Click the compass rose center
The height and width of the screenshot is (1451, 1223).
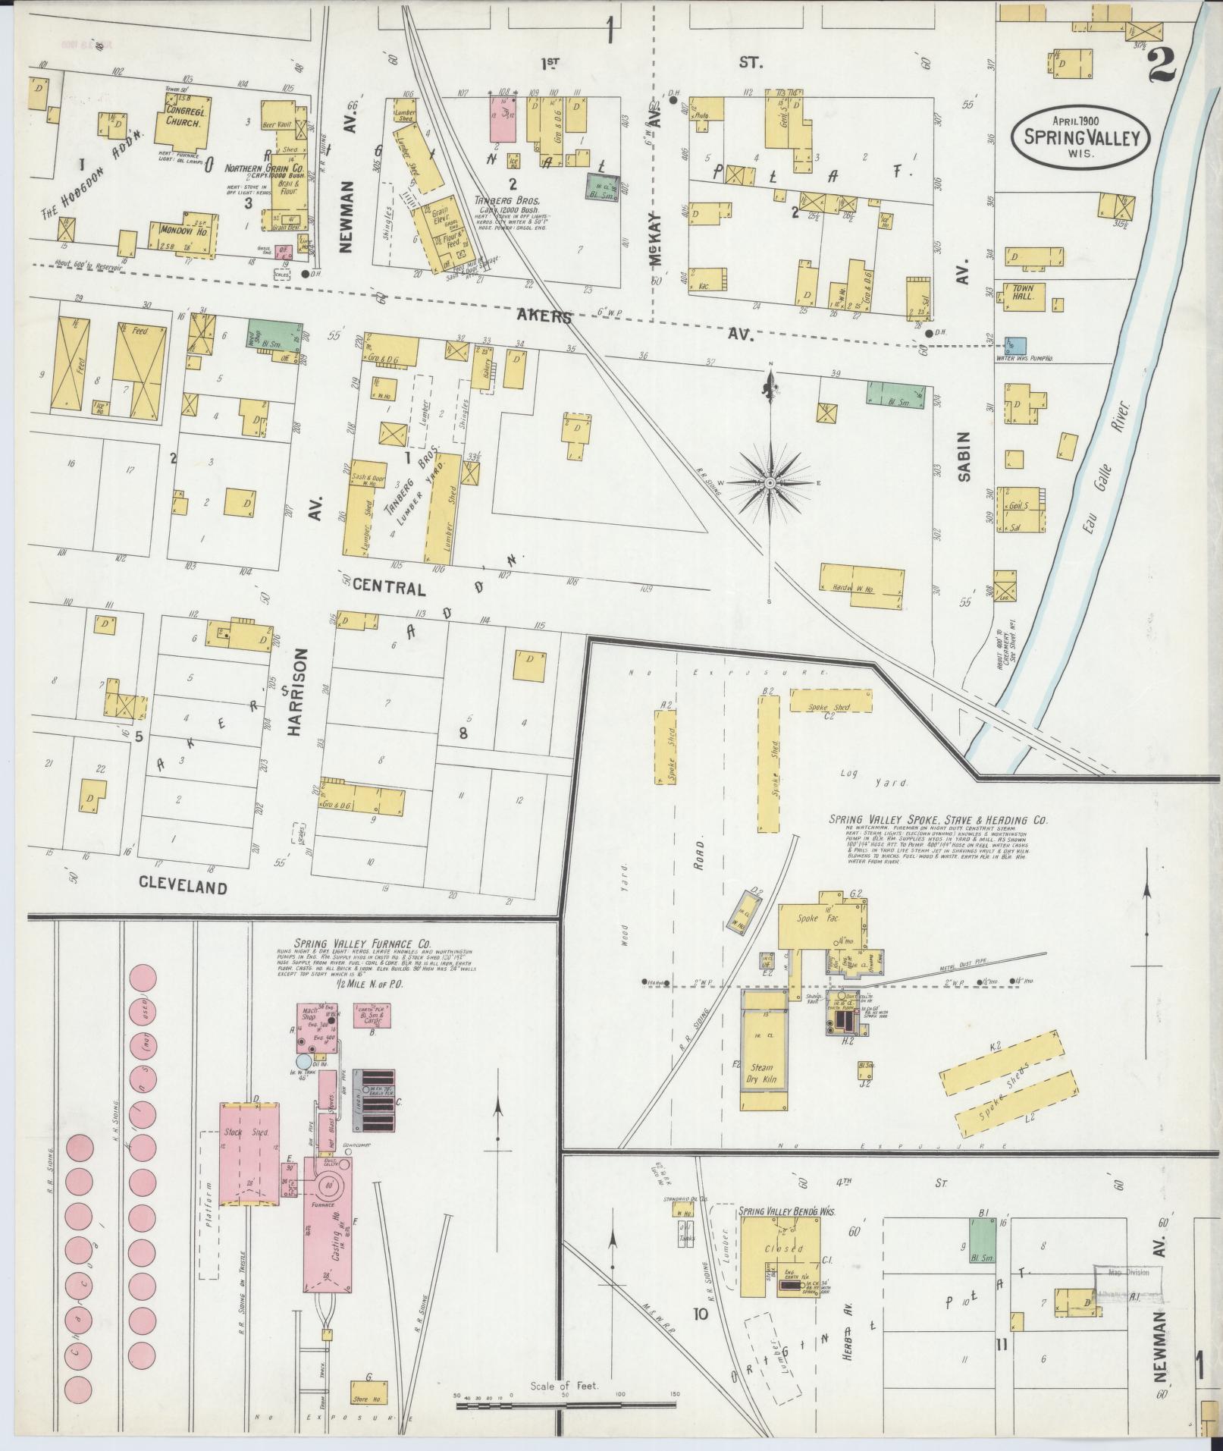click(770, 482)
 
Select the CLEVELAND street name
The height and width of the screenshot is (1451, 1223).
click(183, 887)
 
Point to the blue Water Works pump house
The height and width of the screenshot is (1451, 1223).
click(1010, 346)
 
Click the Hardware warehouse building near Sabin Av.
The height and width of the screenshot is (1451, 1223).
click(863, 586)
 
